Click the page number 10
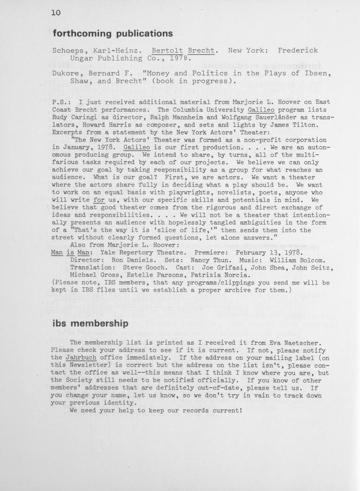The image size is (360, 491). click(x=56, y=13)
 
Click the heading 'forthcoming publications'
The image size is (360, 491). click(x=113, y=33)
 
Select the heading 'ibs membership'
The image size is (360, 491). click(x=90, y=323)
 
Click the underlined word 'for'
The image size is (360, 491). click(x=99, y=200)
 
